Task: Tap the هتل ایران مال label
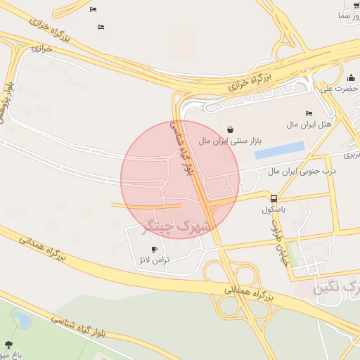point(307,124)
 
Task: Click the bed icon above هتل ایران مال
point(309,113)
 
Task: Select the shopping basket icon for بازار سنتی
point(231,129)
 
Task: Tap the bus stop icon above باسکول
point(274,198)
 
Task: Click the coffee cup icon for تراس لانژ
point(155,249)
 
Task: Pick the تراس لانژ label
point(154,260)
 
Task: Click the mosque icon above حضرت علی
point(350,77)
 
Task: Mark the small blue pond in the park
point(21,321)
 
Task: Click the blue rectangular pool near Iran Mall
point(279,150)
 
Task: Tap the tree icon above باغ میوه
point(8,345)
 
